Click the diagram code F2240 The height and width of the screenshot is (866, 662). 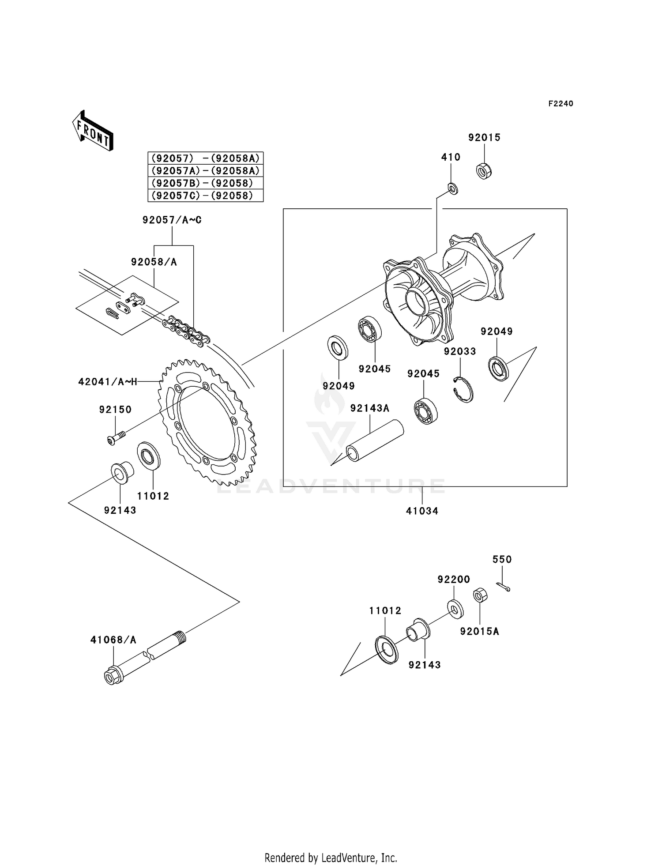pyautogui.click(x=560, y=104)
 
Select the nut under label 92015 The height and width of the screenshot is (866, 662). pyautogui.click(x=484, y=171)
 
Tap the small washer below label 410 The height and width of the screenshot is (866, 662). pyautogui.click(x=453, y=188)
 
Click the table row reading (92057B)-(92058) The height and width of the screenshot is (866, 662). pyautogui.click(x=205, y=183)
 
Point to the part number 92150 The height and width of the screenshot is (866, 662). pyautogui.click(x=115, y=410)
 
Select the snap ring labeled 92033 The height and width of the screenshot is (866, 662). pyautogui.click(x=463, y=389)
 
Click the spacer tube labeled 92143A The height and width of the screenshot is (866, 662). pyautogui.click(x=375, y=441)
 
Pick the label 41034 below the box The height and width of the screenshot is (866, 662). pyautogui.click(x=422, y=511)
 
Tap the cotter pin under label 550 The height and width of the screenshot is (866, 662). pyautogui.click(x=503, y=586)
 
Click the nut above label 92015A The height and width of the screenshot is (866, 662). pyautogui.click(x=480, y=596)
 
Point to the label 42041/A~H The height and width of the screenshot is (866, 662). pyautogui.click(x=108, y=382)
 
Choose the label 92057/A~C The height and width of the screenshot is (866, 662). pyautogui.click(x=172, y=220)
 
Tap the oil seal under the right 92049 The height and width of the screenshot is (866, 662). pyautogui.click(x=499, y=368)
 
